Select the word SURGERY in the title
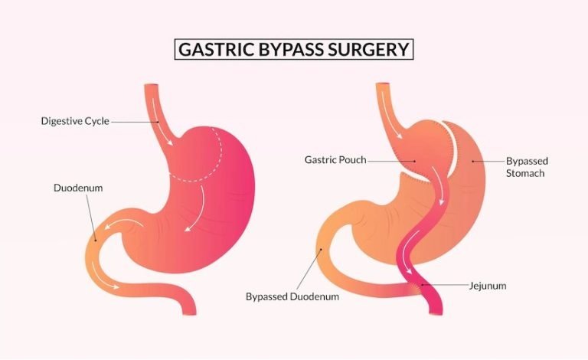point(368,49)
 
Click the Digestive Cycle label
point(75,121)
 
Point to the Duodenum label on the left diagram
point(78,188)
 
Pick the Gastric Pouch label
point(335,160)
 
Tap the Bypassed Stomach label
point(527,167)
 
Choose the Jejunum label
point(488,286)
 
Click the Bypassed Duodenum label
point(292,296)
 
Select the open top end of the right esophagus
point(384,84)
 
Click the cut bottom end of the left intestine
point(189,313)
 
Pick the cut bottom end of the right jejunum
point(436,313)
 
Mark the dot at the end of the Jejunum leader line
point(423,285)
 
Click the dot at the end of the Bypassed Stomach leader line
point(473,162)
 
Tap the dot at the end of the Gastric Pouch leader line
point(415,162)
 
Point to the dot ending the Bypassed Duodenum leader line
point(321,250)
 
